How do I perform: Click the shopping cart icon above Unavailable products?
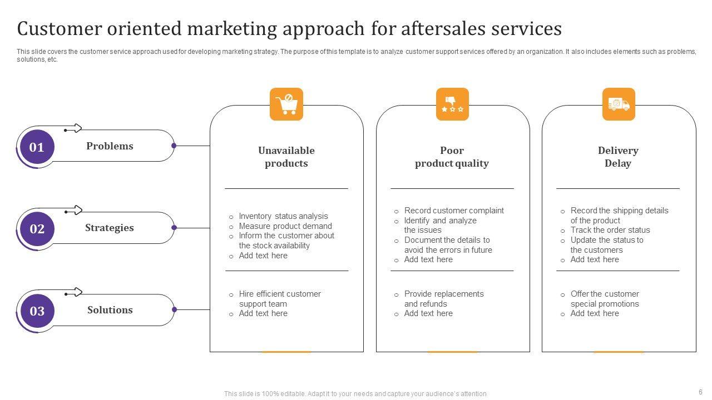click(286, 104)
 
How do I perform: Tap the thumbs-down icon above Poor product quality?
click(452, 104)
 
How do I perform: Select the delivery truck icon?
click(619, 104)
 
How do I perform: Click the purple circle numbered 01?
click(37, 147)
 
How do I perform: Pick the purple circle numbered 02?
click(37, 229)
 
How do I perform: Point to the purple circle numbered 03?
click(37, 311)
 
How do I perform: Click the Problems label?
click(110, 146)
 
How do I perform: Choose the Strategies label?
click(109, 228)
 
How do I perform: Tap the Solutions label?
click(110, 310)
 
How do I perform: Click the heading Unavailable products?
click(286, 157)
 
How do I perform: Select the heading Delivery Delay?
click(618, 157)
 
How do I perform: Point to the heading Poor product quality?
click(452, 157)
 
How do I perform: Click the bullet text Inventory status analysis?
click(283, 216)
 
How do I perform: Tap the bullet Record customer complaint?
click(454, 211)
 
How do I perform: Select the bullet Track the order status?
click(610, 230)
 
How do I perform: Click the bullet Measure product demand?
click(285, 226)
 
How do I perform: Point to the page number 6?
click(700, 392)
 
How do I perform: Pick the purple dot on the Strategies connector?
click(174, 228)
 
